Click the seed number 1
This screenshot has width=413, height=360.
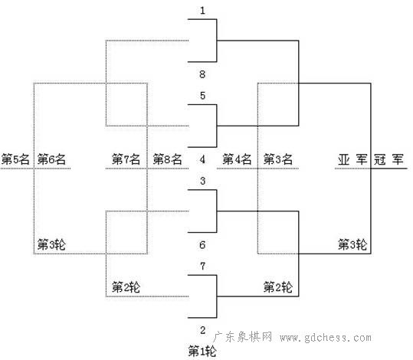point(202,11)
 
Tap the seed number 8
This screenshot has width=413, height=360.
point(202,74)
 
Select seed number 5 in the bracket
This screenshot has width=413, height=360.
point(202,95)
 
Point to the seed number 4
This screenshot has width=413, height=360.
point(202,159)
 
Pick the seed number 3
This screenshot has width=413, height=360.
point(202,181)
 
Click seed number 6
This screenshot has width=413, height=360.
point(202,244)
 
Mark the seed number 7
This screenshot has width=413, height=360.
point(202,266)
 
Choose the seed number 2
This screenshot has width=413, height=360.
point(202,330)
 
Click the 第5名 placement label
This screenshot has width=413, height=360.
point(15,159)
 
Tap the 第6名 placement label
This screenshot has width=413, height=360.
point(51,159)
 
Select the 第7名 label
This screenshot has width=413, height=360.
point(126,159)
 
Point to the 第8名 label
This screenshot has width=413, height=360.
point(167,159)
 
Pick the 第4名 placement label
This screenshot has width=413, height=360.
point(237,159)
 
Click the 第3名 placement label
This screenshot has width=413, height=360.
point(278,159)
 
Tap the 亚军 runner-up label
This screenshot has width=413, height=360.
point(352,159)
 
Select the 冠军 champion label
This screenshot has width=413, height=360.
point(388,159)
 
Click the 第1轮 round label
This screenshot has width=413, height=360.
point(202,352)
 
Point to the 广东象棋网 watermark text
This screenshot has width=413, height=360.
point(243,337)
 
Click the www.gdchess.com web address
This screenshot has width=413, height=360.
point(326,338)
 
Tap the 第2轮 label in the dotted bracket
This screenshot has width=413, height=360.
point(126,287)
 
